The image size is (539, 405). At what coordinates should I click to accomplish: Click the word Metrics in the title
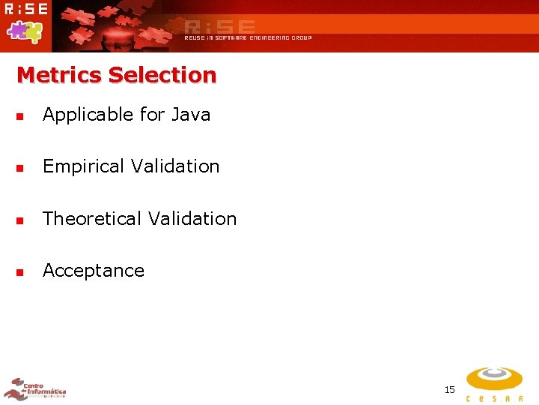click(59, 75)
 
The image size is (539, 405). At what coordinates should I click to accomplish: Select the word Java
click(191, 115)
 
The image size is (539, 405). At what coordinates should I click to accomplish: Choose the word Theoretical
click(92, 219)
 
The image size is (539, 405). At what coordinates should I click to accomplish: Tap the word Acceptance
click(94, 271)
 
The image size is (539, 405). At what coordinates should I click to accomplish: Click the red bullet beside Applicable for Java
click(20, 116)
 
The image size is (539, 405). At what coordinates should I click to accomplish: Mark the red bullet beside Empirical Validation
click(20, 168)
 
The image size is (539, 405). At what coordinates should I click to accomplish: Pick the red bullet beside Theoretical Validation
click(20, 220)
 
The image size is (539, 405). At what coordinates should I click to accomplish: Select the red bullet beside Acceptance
click(20, 271)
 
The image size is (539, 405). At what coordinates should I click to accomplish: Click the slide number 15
click(449, 389)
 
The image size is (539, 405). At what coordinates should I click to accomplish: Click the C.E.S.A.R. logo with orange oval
click(495, 383)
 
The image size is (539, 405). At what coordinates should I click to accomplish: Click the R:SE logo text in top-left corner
click(25, 9)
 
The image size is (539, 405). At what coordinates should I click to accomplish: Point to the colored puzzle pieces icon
click(25, 31)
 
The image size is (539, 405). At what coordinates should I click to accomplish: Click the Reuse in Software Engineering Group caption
click(248, 37)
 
